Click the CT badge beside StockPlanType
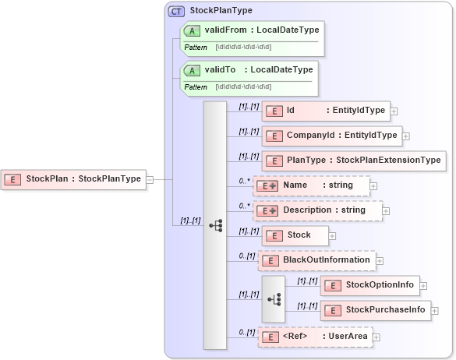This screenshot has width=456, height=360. (x=176, y=11)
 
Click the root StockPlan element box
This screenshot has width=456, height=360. (x=73, y=179)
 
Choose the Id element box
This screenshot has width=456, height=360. (x=325, y=111)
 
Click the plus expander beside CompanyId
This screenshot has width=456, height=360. (x=406, y=136)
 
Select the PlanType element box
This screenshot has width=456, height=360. (x=353, y=161)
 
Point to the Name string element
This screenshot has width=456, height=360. (x=313, y=185)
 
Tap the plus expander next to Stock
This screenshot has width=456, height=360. (x=332, y=235)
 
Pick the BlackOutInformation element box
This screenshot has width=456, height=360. (x=317, y=260)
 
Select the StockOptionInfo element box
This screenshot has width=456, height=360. (x=370, y=285)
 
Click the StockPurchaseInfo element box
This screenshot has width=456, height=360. (x=375, y=310)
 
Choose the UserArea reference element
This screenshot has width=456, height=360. (x=315, y=337)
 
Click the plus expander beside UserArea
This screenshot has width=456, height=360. (x=376, y=337)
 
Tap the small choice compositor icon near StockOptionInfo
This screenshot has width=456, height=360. (x=274, y=298)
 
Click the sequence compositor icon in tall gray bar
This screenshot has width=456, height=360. (x=215, y=225)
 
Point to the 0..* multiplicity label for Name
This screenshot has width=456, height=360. (x=245, y=180)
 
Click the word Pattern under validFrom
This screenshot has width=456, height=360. (x=196, y=48)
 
